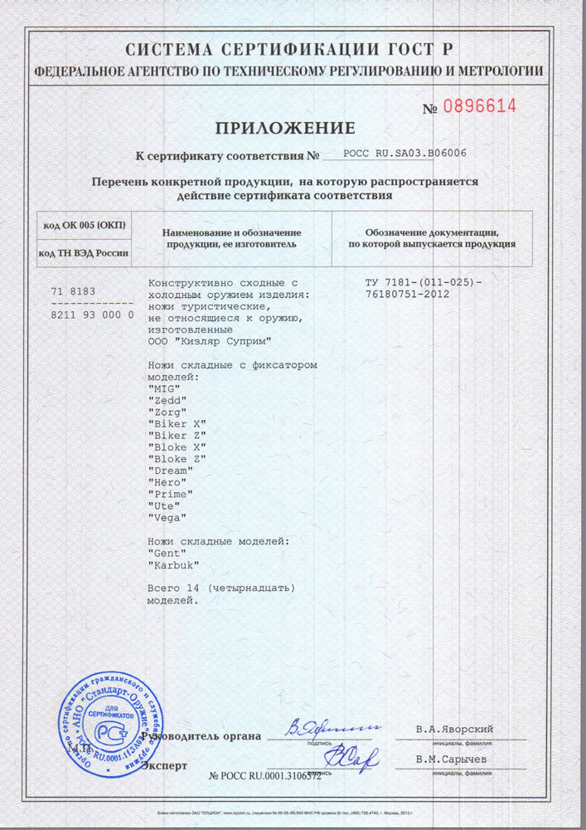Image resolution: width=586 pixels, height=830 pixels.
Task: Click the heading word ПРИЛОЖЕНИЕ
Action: point(285,128)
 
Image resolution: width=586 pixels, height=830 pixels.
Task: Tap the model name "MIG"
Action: point(162,388)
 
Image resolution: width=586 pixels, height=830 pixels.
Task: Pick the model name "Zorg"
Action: point(167,412)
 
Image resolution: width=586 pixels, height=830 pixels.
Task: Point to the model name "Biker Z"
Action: point(177,435)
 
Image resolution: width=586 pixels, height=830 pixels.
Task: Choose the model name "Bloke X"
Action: point(177,447)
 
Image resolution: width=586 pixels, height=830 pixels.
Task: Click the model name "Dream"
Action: point(170,470)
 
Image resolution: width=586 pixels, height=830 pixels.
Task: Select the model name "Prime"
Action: point(170,493)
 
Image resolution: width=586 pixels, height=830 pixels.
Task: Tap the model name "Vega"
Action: point(167,516)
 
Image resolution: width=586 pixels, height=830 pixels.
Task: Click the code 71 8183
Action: point(74,291)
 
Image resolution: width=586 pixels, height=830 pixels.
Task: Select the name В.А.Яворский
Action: point(454,730)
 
